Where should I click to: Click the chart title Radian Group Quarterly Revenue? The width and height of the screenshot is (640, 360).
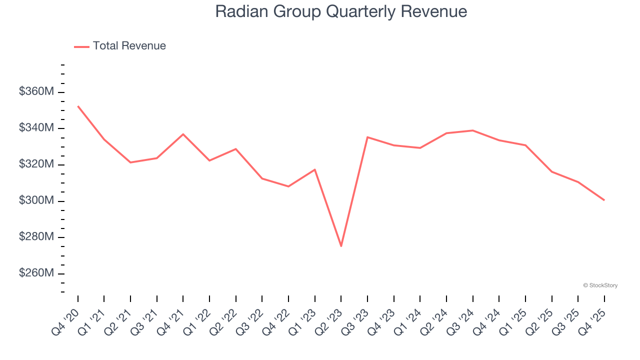click(341, 11)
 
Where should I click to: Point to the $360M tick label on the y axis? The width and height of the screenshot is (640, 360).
click(36, 92)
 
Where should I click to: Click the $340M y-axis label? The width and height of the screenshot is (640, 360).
click(36, 128)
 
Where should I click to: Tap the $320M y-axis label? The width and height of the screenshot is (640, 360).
click(36, 164)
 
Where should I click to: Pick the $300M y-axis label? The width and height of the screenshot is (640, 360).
click(36, 201)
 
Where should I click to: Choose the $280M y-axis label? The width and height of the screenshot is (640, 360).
click(36, 237)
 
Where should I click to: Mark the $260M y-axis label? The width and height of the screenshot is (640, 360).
click(36, 273)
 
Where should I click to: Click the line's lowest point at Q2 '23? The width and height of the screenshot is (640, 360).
click(341, 246)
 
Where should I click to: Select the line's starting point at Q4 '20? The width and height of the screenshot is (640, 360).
click(78, 106)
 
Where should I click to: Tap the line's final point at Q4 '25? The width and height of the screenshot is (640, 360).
click(604, 200)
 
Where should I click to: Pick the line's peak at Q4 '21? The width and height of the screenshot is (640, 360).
click(183, 134)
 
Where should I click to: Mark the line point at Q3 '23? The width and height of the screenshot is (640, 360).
click(367, 137)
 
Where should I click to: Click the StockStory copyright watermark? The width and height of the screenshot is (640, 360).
click(600, 285)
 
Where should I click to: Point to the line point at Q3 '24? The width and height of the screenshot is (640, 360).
click(472, 130)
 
